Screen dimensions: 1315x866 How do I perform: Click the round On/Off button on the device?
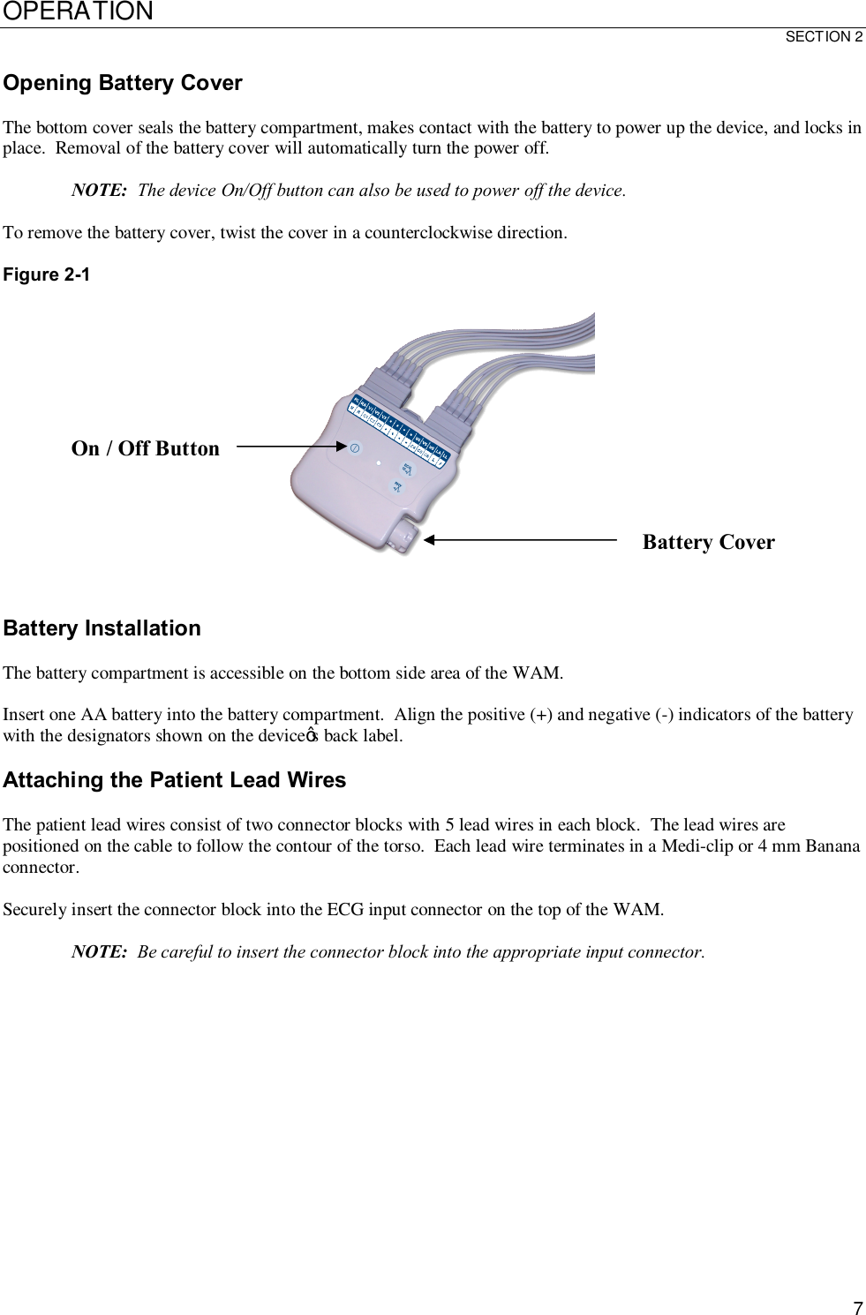(x=354, y=448)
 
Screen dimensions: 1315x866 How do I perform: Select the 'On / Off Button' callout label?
(x=145, y=448)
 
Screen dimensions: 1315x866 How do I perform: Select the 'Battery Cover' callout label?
(x=708, y=542)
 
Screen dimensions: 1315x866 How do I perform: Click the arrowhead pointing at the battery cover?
(x=429, y=538)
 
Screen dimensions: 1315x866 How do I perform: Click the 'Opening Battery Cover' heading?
(x=123, y=83)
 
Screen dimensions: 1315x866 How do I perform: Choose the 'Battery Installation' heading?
(x=102, y=628)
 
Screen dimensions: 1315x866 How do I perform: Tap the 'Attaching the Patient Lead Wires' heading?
(x=175, y=780)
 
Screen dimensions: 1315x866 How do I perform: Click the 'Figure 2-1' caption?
(x=47, y=274)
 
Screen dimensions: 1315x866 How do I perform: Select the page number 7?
(x=857, y=1308)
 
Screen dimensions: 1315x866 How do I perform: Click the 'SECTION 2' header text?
(x=824, y=37)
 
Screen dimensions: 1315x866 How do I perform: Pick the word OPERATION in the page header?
(x=78, y=11)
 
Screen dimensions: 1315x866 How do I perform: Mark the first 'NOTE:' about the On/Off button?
(x=99, y=191)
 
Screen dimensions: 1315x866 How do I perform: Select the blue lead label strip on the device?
(x=400, y=427)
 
